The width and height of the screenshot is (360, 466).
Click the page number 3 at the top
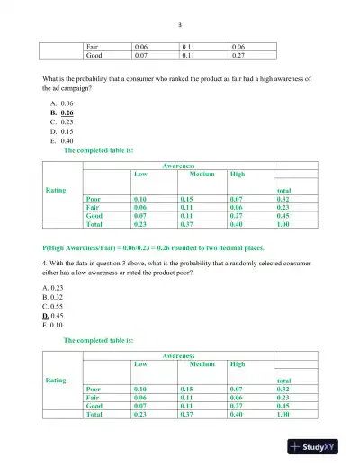[180, 25]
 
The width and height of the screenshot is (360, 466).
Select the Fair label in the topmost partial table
[93, 45]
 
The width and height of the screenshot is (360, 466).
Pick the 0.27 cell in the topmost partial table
[239, 55]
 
